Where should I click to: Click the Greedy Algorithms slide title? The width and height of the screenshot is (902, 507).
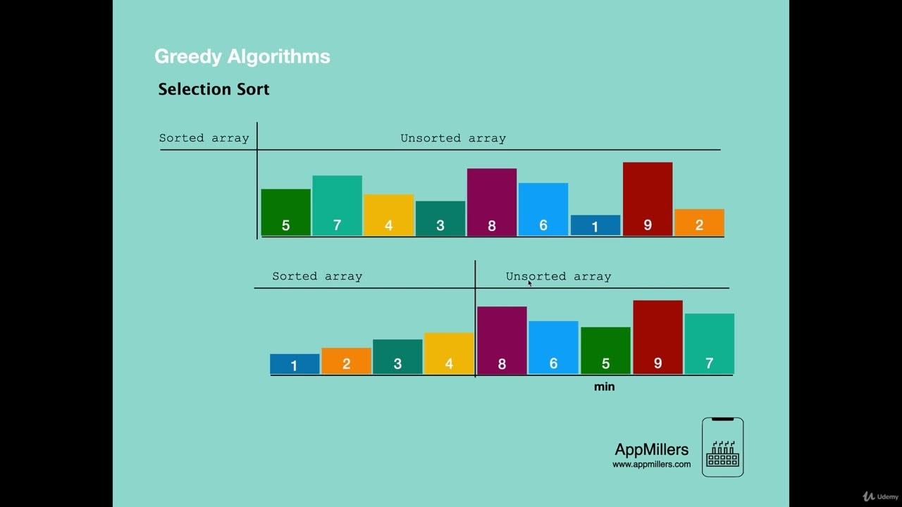(242, 56)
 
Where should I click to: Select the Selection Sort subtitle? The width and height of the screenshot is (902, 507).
(214, 89)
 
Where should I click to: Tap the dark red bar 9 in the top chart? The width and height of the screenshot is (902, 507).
(648, 199)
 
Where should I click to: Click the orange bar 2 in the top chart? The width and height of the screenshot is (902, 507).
(699, 223)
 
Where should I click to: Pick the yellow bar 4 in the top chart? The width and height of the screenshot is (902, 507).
(388, 215)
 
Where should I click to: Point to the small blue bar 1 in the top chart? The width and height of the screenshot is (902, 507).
(595, 225)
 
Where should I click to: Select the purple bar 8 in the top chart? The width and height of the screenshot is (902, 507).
(492, 202)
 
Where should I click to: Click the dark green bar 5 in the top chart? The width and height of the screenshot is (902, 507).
(285, 212)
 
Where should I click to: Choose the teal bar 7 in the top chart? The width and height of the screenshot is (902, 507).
(337, 206)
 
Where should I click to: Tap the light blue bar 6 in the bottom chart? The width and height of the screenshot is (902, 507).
(553, 348)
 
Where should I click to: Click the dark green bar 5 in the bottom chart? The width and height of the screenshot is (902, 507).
(605, 351)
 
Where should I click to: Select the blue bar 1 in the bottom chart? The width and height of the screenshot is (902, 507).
(295, 364)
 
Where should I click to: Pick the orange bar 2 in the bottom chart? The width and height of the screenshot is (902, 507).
(346, 361)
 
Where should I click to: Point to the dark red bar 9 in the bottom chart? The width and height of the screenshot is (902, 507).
(657, 337)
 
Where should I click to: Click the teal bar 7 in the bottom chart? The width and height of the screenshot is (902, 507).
(709, 344)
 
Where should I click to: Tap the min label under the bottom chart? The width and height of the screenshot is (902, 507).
(604, 387)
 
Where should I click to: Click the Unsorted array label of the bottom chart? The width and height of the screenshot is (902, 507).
(558, 276)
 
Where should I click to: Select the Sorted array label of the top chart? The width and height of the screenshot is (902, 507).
(204, 138)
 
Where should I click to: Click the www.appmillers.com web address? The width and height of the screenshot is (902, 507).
(651, 464)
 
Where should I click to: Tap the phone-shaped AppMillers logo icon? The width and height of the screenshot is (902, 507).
(722, 447)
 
